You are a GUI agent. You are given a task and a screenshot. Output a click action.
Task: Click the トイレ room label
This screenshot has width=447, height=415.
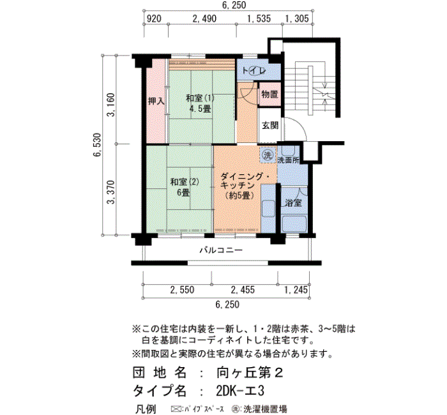[254, 70]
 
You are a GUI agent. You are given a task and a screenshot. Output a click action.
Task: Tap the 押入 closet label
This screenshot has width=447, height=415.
[156, 101]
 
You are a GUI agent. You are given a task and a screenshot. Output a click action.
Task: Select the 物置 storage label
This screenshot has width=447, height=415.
[269, 94]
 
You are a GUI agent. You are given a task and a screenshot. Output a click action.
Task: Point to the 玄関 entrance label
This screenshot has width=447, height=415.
[270, 125]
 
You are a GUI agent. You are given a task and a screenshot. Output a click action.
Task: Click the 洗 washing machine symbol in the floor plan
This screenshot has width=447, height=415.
[268, 155]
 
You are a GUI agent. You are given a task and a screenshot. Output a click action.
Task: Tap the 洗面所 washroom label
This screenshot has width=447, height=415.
[289, 160]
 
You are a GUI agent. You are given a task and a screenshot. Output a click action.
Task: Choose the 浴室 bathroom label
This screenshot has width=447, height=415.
[293, 203]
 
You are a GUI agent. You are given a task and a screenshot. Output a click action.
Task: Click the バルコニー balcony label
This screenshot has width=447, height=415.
[221, 250]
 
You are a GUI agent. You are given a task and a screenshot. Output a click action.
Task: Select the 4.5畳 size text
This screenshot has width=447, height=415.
[200, 109]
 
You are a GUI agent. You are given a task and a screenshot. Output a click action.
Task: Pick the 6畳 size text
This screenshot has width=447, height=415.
[183, 193]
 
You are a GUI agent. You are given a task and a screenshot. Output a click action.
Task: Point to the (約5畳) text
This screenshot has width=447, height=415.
[239, 196]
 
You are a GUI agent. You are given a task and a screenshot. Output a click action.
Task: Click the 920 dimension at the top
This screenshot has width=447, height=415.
[154, 19]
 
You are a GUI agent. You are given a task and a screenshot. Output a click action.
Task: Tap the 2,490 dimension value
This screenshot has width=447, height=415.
[204, 19]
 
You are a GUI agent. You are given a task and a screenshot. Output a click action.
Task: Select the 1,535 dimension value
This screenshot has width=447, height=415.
[259, 19]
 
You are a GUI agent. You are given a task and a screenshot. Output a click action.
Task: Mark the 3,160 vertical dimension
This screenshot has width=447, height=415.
[110, 105]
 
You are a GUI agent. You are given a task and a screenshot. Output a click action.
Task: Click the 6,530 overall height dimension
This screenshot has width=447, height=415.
[97, 144]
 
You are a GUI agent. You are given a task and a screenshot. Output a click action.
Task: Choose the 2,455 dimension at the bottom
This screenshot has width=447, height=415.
[243, 290]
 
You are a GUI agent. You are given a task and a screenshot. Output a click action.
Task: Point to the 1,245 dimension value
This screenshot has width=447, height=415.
[296, 290]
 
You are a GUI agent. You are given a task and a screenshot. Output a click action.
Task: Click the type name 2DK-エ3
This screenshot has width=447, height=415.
[240, 391]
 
